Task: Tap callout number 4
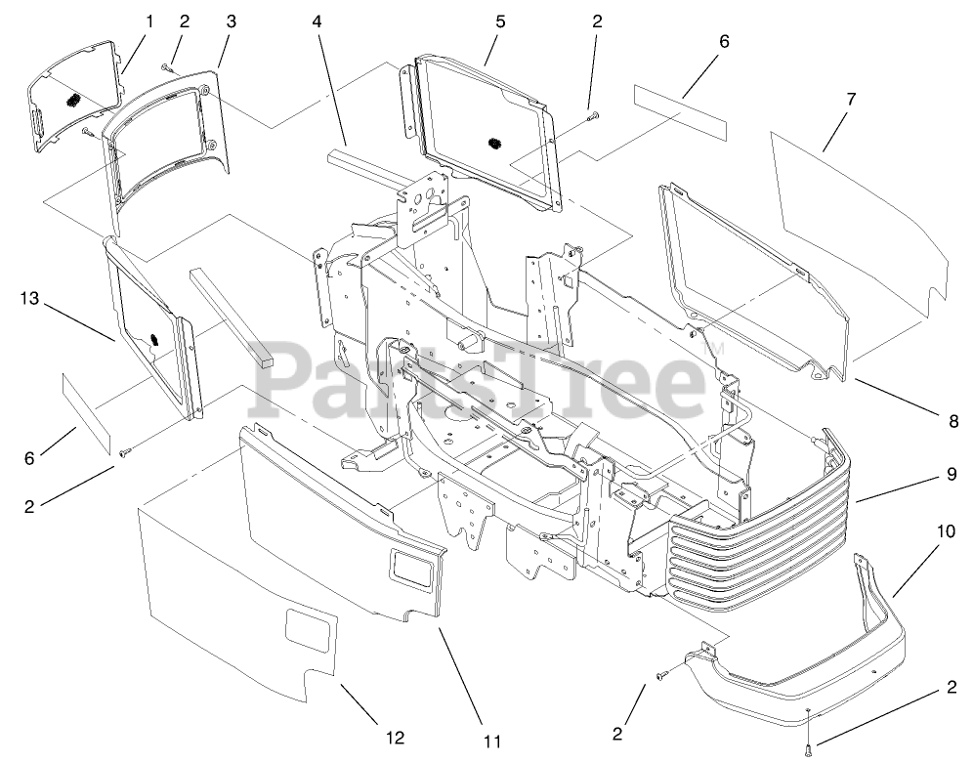coord(317,21)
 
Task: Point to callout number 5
coord(499,21)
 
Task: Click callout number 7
coord(851,99)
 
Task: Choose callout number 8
coord(952,422)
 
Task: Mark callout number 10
coord(946,533)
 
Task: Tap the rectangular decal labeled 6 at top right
coord(680,109)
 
